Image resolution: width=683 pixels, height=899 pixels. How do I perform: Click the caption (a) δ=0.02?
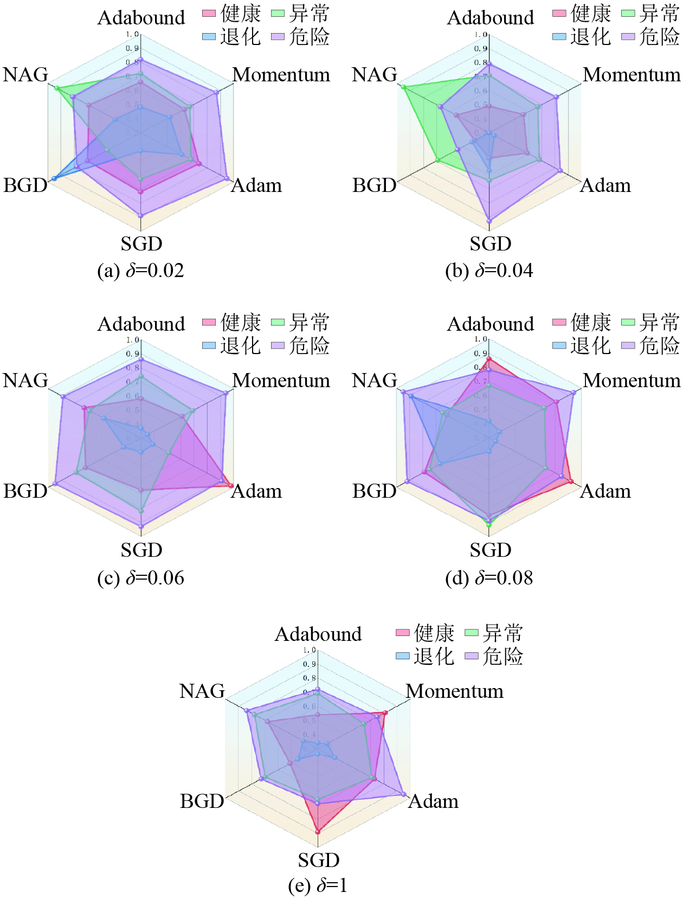tap(140, 271)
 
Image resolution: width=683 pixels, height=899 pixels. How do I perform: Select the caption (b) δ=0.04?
tap(489, 271)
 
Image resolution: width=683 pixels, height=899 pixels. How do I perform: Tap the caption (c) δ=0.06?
tap(140, 578)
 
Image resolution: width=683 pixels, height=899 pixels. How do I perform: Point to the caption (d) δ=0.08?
tap(489, 578)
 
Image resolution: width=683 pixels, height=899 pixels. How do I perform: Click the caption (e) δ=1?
tap(318, 885)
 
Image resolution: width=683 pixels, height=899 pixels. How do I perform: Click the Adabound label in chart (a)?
tap(141, 18)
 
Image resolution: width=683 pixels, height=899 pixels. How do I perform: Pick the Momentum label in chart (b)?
tap(632, 75)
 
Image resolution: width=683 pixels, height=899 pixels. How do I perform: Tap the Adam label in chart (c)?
tap(256, 491)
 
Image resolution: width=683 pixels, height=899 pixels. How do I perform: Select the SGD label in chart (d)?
tap(490, 550)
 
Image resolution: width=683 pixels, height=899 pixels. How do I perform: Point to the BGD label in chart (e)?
tap(202, 801)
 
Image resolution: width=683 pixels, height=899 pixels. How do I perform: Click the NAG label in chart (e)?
tap(202, 691)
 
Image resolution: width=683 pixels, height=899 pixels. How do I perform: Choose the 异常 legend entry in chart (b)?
tap(650, 14)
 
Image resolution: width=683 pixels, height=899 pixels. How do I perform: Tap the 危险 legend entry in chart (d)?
tap(650, 345)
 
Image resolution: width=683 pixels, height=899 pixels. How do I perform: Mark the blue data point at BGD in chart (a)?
tap(54, 178)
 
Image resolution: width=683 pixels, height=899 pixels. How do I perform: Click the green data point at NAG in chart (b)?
tap(404, 87)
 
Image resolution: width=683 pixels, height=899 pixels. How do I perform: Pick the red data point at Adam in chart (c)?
tap(231, 485)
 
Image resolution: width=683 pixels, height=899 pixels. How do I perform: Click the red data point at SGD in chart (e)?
tap(318, 831)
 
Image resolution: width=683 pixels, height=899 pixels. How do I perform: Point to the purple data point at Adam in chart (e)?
tap(404, 794)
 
